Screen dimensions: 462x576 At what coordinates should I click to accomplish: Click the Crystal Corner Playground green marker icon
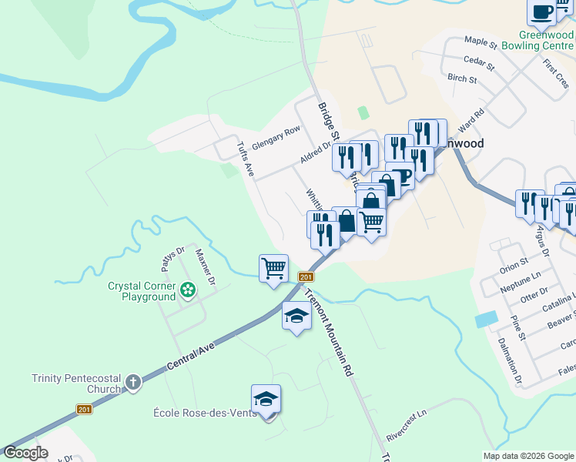pyautogui.click(x=187, y=291)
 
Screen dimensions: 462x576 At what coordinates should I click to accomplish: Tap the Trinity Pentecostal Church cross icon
pyautogui.click(x=133, y=383)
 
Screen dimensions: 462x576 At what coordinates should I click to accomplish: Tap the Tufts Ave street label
pyautogui.click(x=246, y=159)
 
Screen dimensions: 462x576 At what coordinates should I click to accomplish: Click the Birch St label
pyautogui.click(x=462, y=78)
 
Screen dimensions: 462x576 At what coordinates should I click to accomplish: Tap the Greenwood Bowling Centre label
pyautogui.click(x=546, y=40)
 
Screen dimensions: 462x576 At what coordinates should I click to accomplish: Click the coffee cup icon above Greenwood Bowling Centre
pyautogui.click(x=541, y=12)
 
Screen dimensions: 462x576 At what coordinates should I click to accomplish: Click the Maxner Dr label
pyautogui.click(x=205, y=265)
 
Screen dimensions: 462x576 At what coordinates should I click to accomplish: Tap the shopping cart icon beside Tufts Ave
pyautogui.click(x=273, y=269)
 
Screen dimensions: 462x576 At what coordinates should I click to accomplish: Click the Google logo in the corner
pyautogui.click(x=25, y=453)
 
